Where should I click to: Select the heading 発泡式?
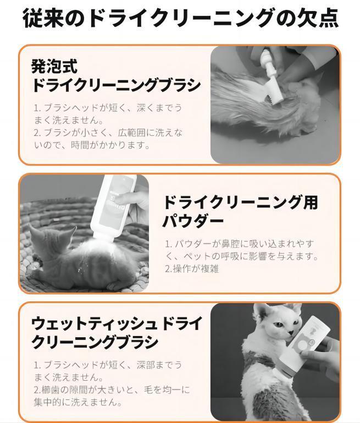[x=54, y=66]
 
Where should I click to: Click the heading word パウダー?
[x=193, y=221]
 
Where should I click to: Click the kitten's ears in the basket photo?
[x=51, y=232]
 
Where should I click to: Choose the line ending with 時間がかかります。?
[x=92, y=145]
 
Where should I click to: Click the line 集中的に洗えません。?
[x=78, y=402]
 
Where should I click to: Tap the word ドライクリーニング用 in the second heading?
[x=240, y=202]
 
